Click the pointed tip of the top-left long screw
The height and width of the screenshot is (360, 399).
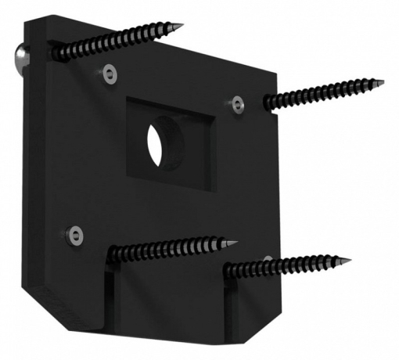pos(182,27)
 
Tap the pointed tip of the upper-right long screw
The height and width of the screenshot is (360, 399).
pos(383,81)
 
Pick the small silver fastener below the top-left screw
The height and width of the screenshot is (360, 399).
pos(110,74)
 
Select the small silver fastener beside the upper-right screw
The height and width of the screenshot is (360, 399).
pos(239,102)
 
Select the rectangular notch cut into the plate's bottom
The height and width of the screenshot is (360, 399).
pos(168,305)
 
